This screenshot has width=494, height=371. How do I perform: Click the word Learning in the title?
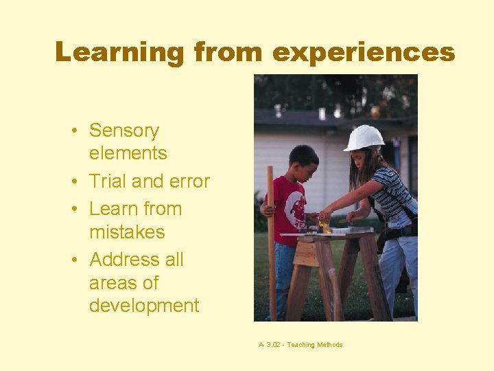[119, 52]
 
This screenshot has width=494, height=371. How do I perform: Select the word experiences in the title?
[363, 52]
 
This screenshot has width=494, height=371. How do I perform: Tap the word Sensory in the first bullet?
[124, 131]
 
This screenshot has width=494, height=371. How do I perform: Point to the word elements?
[128, 153]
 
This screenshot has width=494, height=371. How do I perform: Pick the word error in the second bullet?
[189, 181]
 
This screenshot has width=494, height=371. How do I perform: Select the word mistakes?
[127, 232]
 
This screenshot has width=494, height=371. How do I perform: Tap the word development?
[144, 306]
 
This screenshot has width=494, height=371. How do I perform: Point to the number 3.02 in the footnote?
[273, 345]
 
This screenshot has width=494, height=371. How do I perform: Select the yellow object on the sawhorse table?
[322, 225]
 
